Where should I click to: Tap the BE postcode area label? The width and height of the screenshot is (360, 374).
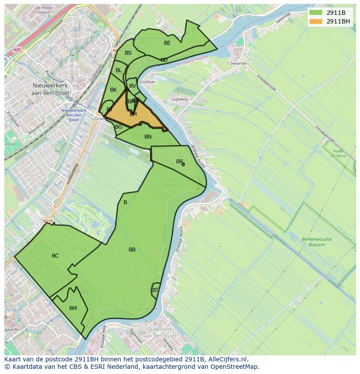point(167,43)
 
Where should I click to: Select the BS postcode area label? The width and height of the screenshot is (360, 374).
point(128,53)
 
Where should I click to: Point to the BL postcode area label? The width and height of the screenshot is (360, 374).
point(119,70)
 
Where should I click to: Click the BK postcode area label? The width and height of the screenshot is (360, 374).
point(113,90)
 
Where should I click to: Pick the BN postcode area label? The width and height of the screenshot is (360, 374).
point(148,137)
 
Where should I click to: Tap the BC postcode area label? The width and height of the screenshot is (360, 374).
point(55,256)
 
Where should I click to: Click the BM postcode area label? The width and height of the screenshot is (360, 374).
point(73,308)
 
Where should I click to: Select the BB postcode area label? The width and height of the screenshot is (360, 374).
point(132,250)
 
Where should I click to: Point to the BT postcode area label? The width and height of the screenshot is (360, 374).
point(155,290)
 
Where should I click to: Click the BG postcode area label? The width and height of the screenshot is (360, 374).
point(118,127)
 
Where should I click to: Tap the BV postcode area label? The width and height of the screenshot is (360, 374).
point(133,86)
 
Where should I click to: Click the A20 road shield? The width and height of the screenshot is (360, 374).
point(17,50)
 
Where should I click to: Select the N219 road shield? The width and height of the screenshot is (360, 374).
point(47,221)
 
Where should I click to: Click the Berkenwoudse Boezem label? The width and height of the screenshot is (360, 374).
point(316,242)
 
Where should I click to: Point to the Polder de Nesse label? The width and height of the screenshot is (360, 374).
point(338,153)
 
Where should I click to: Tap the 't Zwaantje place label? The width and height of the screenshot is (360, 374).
point(237,63)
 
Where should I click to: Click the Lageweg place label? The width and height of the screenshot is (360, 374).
point(179,99)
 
